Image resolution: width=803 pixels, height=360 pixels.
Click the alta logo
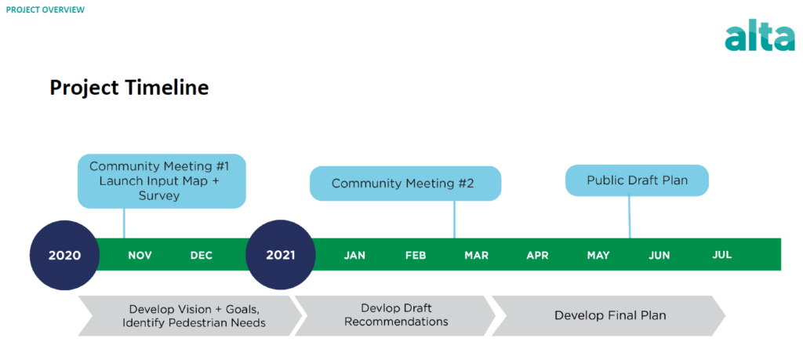(x=759, y=36)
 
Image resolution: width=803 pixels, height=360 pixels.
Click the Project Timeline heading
(x=129, y=88)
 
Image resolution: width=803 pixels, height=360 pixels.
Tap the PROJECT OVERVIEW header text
(x=45, y=9)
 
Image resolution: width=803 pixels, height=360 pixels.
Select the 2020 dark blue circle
(x=64, y=255)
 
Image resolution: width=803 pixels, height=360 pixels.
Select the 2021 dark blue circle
(x=281, y=255)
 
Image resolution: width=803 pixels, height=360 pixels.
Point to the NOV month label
(x=140, y=255)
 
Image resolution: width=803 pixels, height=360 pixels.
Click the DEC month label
(x=202, y=255)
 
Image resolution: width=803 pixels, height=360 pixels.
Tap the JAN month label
(x=354, y=255)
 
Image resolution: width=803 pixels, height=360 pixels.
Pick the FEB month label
(x=416, y=255)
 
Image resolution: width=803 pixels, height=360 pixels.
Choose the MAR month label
(x=476, y=255)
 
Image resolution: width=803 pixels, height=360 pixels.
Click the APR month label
(x=537, y=255)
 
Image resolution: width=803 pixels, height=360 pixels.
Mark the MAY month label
(x=598, y=255)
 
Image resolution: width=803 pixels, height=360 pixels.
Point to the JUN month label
(x=659, y=255)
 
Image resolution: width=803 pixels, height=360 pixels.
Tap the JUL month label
(x=721, y=254)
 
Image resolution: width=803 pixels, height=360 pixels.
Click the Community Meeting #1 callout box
(x=162, y=181)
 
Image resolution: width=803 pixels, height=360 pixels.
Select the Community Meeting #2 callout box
(x=405, y=184)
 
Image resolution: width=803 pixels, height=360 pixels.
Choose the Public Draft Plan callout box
(x=637, y=180)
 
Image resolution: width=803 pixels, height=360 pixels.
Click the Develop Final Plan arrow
(x=609, y=315)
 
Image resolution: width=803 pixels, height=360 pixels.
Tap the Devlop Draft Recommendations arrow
(x=395, y=315)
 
